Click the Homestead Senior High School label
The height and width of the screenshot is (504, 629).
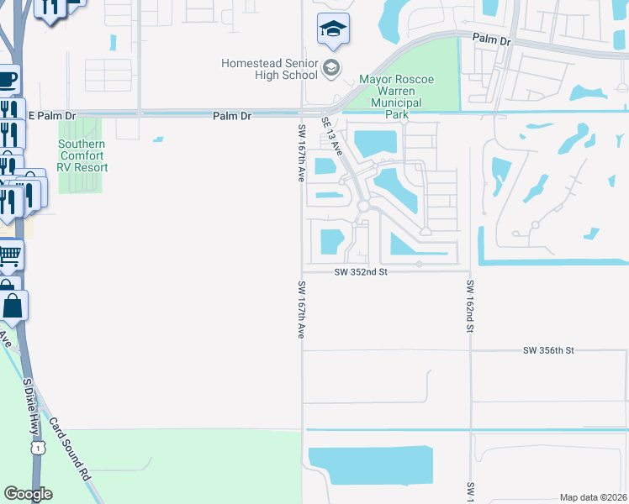(269, 69)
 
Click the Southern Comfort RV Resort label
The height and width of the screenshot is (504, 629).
(82, 155)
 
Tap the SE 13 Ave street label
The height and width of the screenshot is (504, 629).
(332, 135)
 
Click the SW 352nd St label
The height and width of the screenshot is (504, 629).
(360, 271)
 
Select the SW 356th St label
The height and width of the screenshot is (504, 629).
(547, 349)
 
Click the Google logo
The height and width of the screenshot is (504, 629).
(28, 494)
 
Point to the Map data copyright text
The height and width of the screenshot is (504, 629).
(593, 497)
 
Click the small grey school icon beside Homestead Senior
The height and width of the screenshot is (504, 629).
(331, 68)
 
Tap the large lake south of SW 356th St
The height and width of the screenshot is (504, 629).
(370, 465)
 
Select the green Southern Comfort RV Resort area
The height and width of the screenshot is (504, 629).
(80, 176)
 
